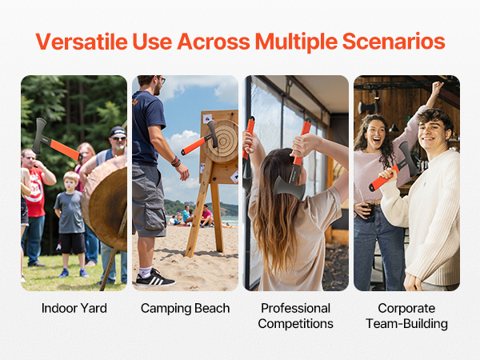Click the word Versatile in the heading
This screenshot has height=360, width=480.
coord(82,42)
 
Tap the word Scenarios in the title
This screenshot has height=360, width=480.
coord(394,42)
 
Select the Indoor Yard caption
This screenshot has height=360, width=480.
coord(74,308)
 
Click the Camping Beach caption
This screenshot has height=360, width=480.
coord(186,308)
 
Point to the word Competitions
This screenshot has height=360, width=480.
coord(296,323)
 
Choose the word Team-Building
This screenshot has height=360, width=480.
coord(406,323)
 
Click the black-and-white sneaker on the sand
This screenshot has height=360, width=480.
coord(155,278)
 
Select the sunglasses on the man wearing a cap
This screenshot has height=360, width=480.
coord(118,138)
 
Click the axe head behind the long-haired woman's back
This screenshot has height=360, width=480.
coord(290,188)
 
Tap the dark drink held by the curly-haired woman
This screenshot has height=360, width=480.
coord(368,208)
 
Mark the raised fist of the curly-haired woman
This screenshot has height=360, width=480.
coord(438,87)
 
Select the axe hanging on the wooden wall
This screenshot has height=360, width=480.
coord(368,107)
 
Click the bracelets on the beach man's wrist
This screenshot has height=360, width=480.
coord(176,162)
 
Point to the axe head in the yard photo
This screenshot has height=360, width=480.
coord(40,136)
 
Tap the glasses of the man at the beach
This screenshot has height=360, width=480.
coord(162,80)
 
